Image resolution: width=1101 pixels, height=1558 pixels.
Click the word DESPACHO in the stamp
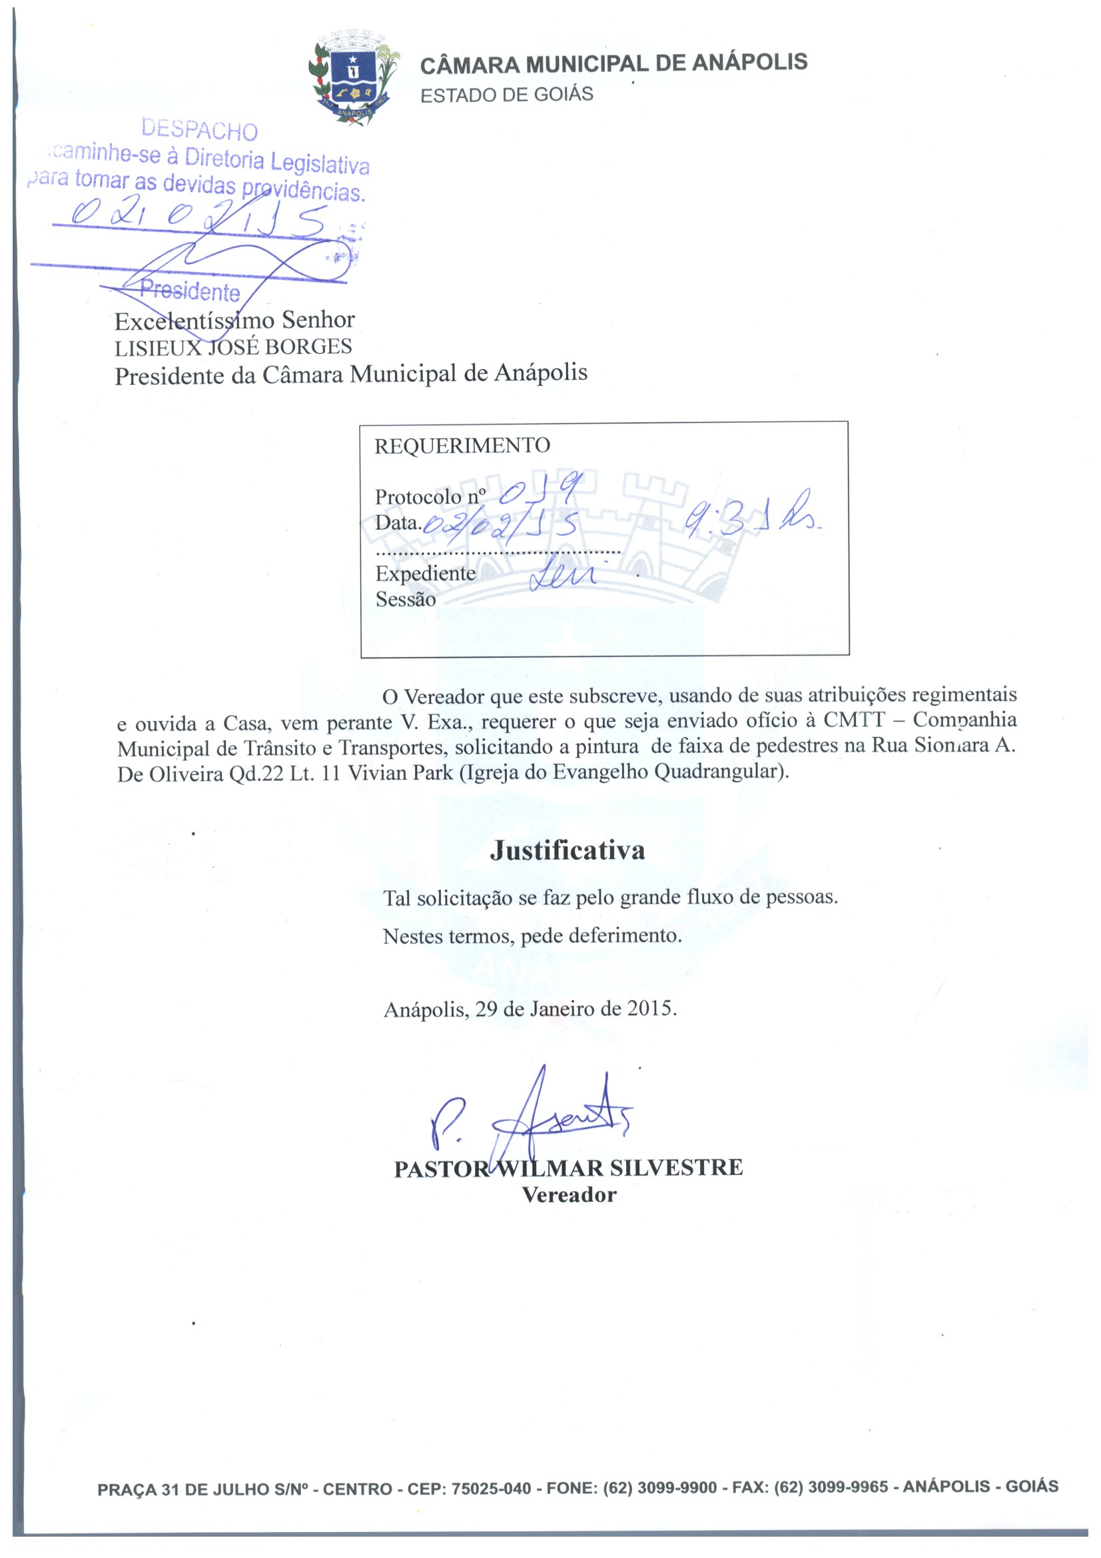click(199, 129)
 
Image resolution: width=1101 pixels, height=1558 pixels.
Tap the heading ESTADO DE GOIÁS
click(506, 95)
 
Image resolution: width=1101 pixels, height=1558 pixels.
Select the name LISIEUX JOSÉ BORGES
click(232, 347)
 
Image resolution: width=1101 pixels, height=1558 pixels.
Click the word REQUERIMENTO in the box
click(462, 446)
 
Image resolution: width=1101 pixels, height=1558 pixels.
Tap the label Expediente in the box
click(426, 573)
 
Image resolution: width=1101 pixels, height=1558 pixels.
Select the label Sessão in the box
click(405, 599)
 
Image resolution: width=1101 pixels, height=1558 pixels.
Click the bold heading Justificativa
click(567, 850)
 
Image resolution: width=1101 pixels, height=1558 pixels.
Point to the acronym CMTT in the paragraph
click(854, 719)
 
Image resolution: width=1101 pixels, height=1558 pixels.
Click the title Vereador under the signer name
click(568, 1195)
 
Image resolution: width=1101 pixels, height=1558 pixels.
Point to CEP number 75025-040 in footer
click(491, 1489)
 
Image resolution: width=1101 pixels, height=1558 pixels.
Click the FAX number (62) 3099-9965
click(831, 1487)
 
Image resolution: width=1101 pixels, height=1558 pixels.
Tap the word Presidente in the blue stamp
click(190, 291)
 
